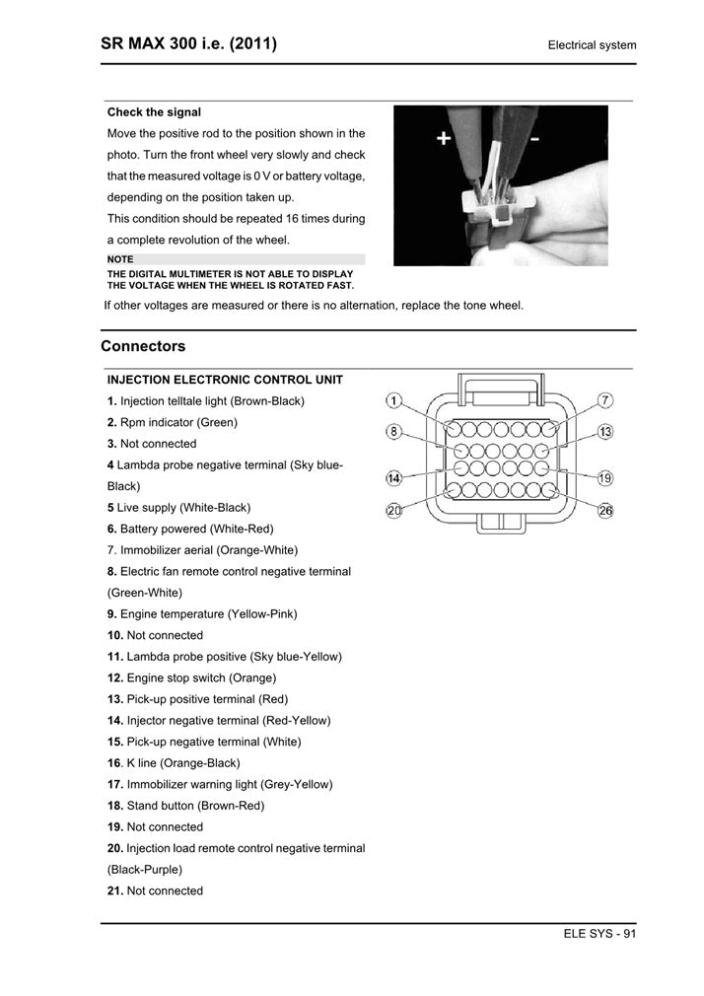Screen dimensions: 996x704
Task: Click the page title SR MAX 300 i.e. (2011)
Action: tap(188, 43)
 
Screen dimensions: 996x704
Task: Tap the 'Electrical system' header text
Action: tap(592, 45)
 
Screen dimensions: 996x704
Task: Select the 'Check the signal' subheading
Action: tap(154, 112)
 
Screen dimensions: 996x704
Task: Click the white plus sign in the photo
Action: tap(444, 139)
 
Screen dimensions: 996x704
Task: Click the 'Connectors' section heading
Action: tap(143, 346)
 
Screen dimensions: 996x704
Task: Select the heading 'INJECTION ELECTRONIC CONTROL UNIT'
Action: tap(225, 380)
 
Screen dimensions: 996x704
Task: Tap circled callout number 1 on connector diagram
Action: tap(393, 400)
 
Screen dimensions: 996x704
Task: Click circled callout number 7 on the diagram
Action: tap(605, 400)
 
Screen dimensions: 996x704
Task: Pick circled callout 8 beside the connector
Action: tap(393, 432)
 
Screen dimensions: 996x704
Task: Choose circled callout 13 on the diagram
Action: tap(605, 432)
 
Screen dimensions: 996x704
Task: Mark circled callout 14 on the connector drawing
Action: tap(393, 478)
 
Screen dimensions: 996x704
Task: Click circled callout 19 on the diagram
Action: tap(605, 478)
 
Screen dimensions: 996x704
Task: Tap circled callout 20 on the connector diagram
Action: tap(393, 510)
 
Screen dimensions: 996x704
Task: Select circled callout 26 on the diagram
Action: tap(605, 510)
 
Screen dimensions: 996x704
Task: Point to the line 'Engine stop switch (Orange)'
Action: tap(192, 677)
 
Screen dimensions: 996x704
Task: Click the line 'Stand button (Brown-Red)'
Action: tap(185, 805)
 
